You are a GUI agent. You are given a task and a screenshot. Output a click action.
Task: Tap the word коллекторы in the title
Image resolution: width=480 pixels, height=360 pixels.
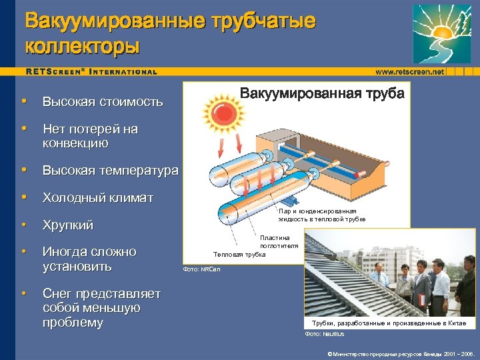tap(82, 47)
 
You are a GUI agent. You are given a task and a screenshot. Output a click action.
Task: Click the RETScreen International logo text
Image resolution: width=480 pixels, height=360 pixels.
tap(92, 71)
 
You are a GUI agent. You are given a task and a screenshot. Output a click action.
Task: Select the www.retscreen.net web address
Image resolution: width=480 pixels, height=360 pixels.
tap(409, 71)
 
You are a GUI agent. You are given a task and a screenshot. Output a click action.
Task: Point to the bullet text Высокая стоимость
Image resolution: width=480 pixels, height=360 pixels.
tap(103, 102)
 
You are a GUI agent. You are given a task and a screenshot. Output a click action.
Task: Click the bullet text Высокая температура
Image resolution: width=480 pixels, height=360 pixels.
tap(110, 170)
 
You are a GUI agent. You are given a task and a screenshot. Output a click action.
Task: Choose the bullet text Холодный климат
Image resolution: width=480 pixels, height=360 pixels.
tap(98, 197)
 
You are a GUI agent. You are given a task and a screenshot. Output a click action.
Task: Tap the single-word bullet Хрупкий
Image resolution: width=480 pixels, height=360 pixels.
tap(68, 225)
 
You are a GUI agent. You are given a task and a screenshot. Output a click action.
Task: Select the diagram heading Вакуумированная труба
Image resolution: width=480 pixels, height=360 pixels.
tap(321, 93)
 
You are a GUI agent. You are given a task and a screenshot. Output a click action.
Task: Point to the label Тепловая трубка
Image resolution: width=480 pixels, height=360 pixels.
tap(239, 254)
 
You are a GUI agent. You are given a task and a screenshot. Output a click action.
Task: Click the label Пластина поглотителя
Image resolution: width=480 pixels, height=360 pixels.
tap(275, 242)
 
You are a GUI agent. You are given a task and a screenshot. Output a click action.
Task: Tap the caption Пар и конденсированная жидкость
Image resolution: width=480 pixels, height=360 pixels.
tap(322, 215)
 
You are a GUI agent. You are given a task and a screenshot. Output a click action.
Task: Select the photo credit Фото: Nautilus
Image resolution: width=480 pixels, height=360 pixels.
tap(325, 333)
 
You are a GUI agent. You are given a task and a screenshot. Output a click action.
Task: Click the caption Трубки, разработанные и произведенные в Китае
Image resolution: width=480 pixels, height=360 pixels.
tap(389, 323)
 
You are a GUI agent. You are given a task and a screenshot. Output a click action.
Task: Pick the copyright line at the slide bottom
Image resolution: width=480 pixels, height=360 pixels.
tap(400, 353)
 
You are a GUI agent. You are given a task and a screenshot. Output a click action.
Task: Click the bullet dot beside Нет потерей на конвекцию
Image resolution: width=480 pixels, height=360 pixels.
tap(24, 129)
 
